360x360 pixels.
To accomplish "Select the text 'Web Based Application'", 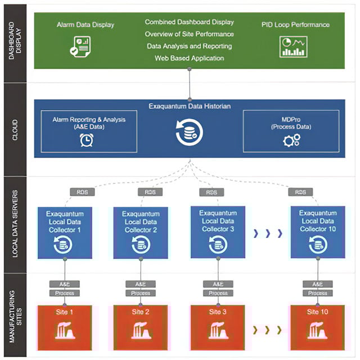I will tap(189, 58).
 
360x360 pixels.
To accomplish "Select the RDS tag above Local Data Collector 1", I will tap(82, 192).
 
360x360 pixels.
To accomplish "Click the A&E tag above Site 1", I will tap(64, 284).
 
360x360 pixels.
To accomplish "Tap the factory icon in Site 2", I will tap(141, 329).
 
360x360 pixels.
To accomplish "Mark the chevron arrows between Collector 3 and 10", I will tap(267, 233).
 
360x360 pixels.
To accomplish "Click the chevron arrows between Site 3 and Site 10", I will tap(267, 330).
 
